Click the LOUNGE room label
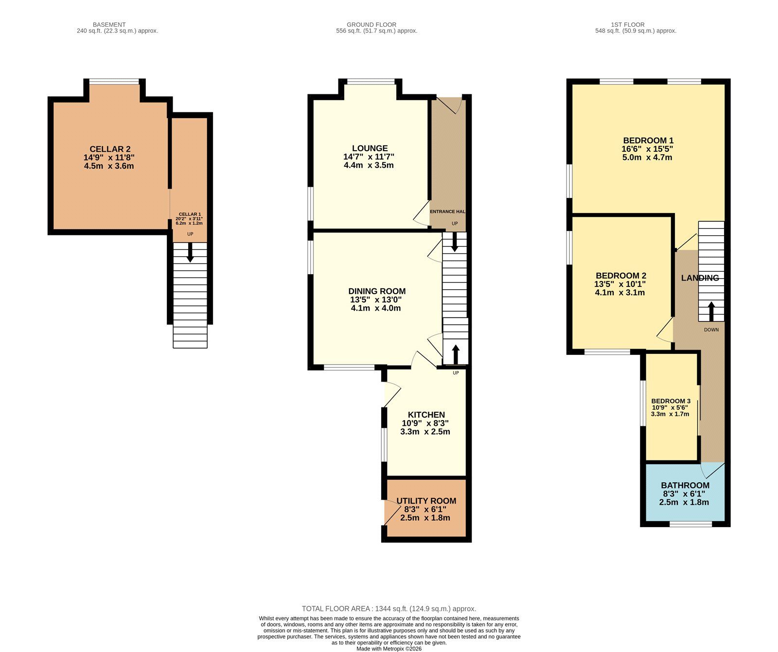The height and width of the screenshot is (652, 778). [x=370, y=148]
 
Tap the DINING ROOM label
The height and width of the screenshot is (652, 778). [x=377, y=291]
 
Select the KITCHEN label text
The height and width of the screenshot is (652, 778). [x=426, y=415]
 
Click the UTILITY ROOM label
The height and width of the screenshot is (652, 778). [x=426, y=501]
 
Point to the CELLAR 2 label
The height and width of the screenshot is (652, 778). [x=110, y=149]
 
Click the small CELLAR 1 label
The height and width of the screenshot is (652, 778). [x=190, y=214]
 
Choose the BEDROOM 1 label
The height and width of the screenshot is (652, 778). [x=648, y=141]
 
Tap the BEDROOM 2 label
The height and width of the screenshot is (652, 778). [x=620, y=275]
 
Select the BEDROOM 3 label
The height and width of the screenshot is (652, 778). [x=671, y=401]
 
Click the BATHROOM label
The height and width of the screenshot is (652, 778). [x=685, y=485]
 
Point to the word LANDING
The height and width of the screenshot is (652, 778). [x=700, y=278]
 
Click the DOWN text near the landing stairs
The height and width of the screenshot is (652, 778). [x=711, y=330]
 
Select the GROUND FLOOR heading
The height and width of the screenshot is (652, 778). [x=371, y=24]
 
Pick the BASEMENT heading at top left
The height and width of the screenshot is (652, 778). [x=109, y=24]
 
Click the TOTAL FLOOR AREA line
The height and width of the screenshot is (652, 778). [x=389, y=609]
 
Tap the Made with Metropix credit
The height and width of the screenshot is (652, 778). [x=389, y=649]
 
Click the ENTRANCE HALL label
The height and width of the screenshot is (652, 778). [x=447, y=211]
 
